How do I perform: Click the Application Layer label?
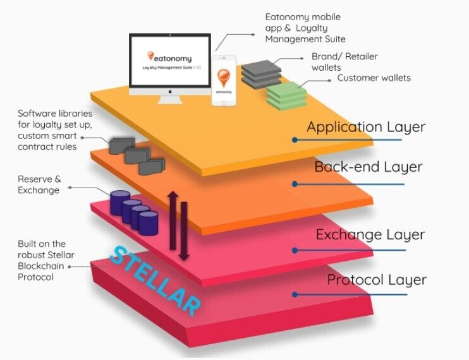(366, 127)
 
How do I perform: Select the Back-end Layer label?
(368, 167)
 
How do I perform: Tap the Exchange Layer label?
(370, 235)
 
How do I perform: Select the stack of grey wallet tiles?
(262, 72)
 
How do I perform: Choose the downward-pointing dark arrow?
(183, 231)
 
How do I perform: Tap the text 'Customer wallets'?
(374, 78)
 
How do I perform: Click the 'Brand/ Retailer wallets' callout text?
(344, 62)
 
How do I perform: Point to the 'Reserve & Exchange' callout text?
(39, 184)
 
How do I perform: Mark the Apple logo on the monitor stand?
(169, 92)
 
